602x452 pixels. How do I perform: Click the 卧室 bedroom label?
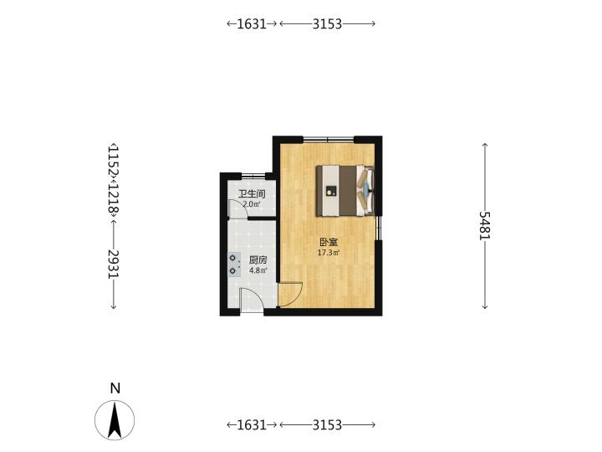(329, 242)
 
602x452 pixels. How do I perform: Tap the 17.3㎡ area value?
(329, 253)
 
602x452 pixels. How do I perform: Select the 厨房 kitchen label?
(258, 260)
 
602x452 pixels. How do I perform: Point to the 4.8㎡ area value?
(258, 270)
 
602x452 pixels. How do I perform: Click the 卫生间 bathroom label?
(252, 193)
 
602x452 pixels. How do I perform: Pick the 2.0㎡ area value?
(252, 204)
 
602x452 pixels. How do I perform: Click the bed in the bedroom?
(345, 191)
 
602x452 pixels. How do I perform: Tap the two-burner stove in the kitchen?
(234, 265)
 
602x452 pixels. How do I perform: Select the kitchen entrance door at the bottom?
(252, 300)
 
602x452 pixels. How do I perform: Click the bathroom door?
(237, 208)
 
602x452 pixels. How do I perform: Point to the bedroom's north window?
(329, 139)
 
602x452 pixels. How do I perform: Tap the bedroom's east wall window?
(378, 229)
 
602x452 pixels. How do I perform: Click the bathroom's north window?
(253, 176)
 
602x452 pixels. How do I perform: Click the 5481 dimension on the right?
(485, 226)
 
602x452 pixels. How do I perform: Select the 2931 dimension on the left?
(114, 265)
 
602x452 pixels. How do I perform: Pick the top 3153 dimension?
(327, 23)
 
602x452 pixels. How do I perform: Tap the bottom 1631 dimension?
(252, 424)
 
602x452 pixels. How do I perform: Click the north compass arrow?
(115, 420)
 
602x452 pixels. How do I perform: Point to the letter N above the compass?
(115, 388)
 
